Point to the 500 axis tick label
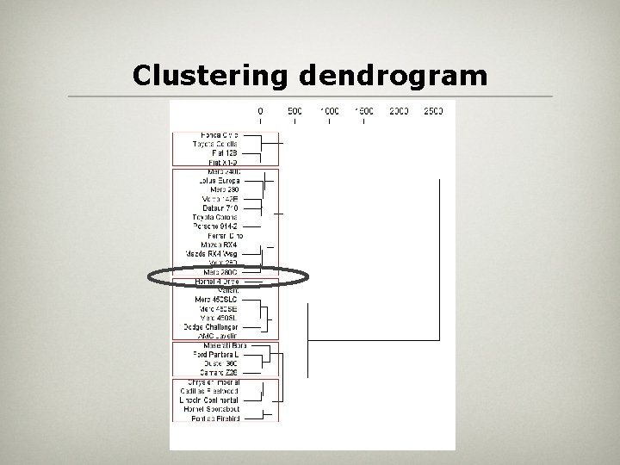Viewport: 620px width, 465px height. click(294, 111)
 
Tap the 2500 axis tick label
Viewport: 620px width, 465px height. click(433, 111)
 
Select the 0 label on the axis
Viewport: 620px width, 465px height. click(260, 111)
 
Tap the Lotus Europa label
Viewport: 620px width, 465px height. click(219, 181)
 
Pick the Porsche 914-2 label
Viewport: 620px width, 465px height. click(216, 226)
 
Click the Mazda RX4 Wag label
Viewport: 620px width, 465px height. click(212, 254)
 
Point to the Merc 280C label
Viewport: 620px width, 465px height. click(221, 272)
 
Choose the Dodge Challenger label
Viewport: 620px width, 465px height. click(211, 326)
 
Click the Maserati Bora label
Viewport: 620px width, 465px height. click(220, 345)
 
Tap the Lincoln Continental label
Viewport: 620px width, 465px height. click(211, 400)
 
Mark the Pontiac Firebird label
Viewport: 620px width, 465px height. click(216, 418)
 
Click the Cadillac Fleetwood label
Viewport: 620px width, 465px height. click(212, 391)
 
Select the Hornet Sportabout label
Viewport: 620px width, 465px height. click(212, 409)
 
